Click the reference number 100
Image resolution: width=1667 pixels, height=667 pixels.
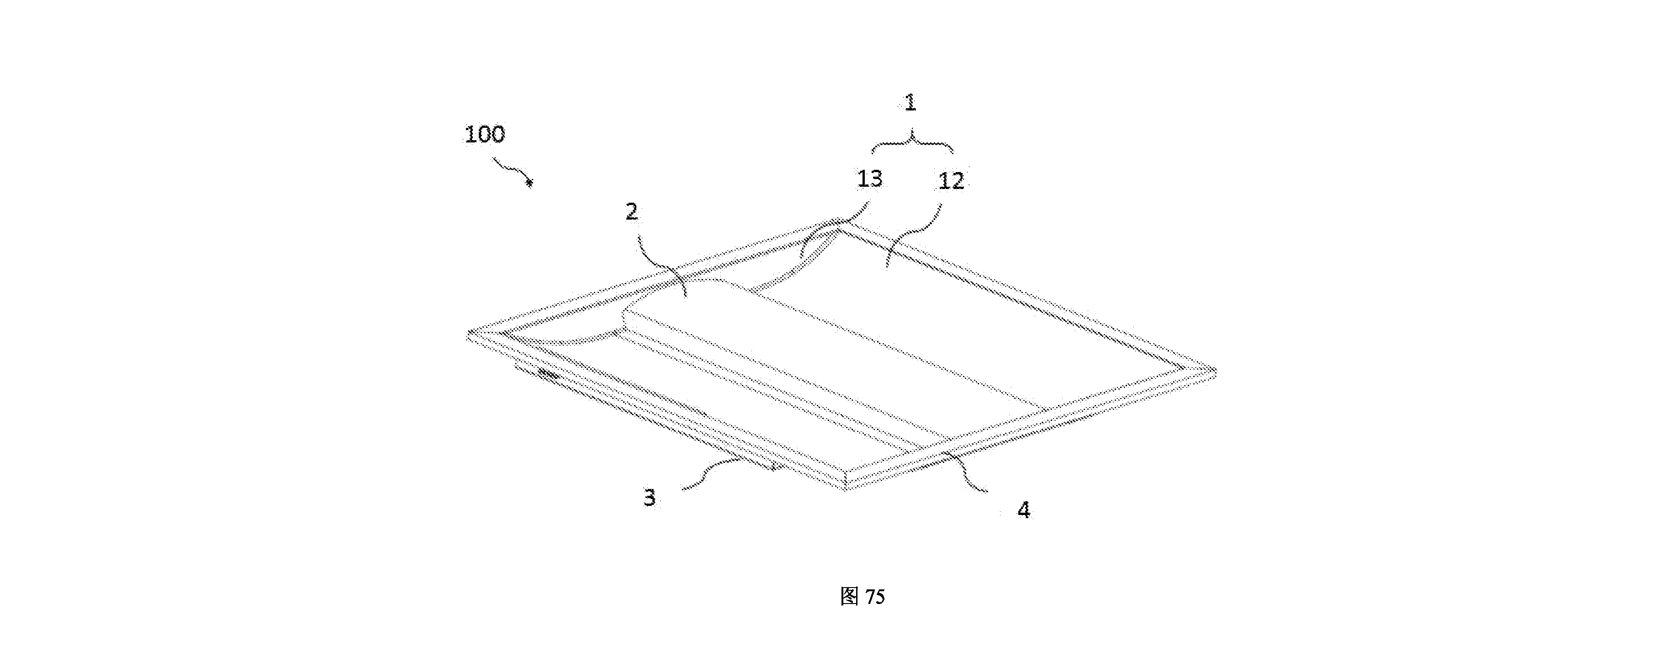(x=485, y=135)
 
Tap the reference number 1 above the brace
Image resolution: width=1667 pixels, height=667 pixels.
(x=910, y=103)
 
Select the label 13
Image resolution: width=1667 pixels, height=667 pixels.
(x=870, y=179)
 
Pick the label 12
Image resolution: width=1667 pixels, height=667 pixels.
(x=951, y=181)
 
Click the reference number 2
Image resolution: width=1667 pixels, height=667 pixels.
(x=632, y=211)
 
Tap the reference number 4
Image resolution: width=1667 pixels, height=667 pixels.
(x=1023, y=510)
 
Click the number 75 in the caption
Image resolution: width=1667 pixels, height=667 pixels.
(x=874, y=597)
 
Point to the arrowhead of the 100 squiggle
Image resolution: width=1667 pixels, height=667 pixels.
(x=530, y=184)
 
